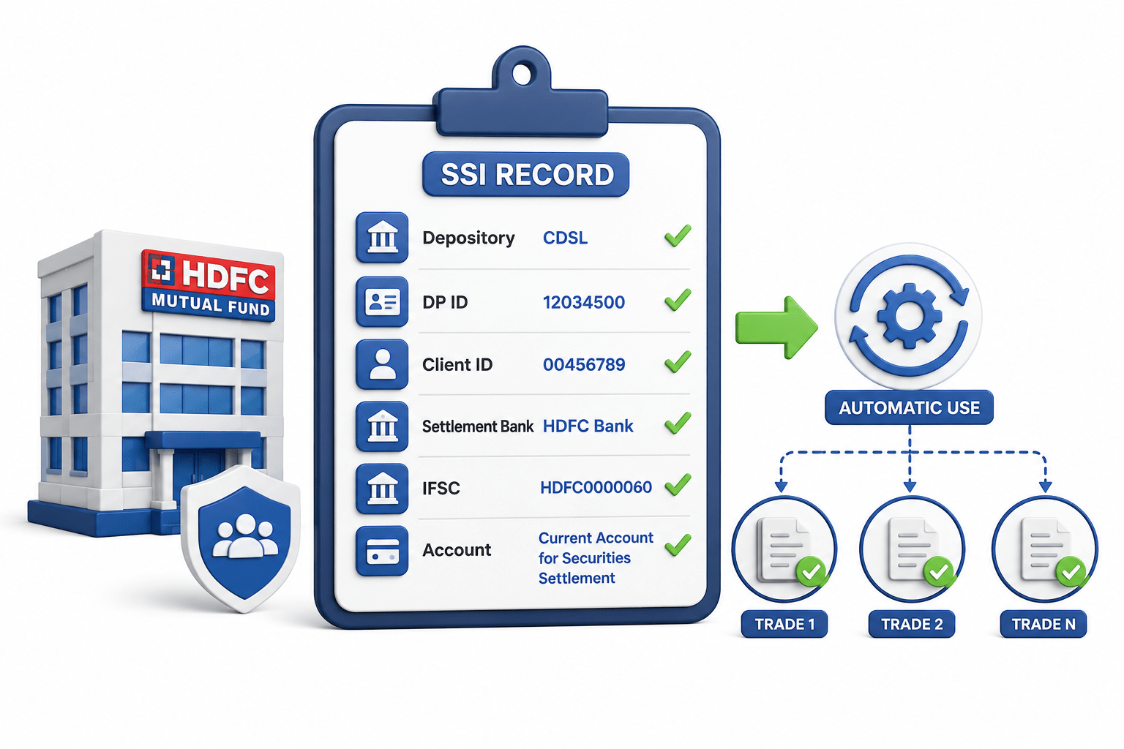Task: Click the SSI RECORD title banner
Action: pos(525,174)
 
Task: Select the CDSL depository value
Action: pos(565,238)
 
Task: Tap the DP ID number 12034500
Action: pos(583,302)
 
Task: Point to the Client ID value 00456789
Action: pos(584,364)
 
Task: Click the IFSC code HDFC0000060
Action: pos(596,487)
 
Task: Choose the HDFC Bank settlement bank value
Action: pos(588,426)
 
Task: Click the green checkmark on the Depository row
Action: pos(678,236)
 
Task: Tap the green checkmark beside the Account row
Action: pos(678,546)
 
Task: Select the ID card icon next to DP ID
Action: pos(382,301)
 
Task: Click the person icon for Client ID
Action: pos(382,364)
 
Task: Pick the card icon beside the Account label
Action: pos(382,550)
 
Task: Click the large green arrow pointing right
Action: pos(776,328)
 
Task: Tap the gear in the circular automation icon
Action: pos(909,316)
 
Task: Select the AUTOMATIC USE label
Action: pos(910,407)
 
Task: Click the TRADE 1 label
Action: pos(784,624)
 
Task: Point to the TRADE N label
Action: pos(1044,624)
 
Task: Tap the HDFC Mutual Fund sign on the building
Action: pos(209,285)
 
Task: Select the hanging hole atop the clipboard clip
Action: pos(522,75)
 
